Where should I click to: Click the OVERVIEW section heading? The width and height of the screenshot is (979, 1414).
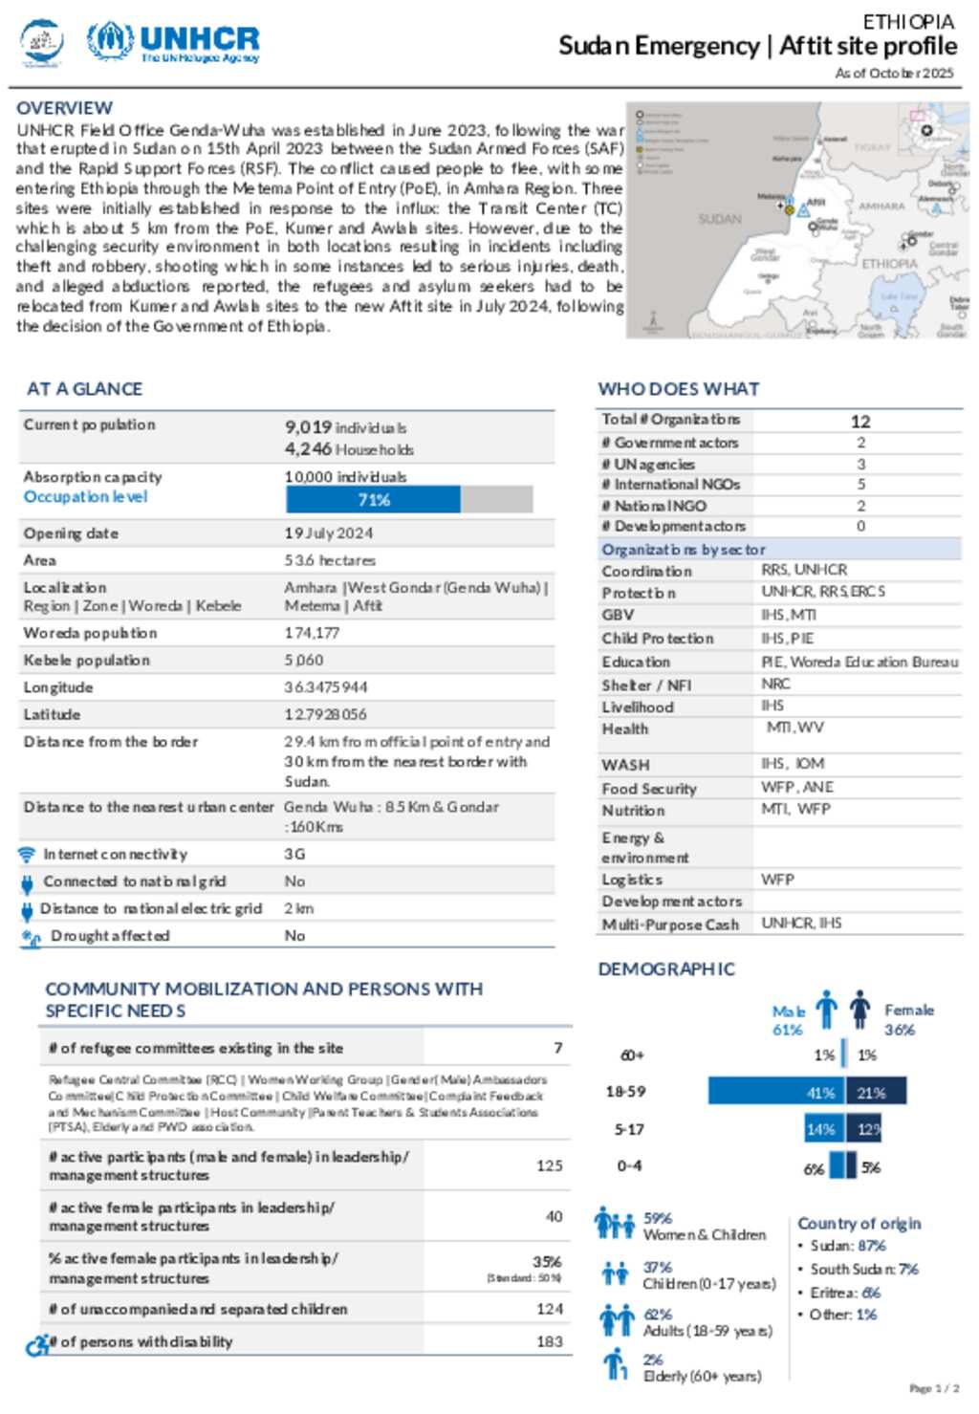pyautogui.click(x=64, y=108)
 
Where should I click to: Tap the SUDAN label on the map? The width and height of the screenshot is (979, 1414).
pyautogui.click(x=719, y=219)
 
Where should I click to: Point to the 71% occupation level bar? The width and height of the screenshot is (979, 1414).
pyautogui.click(x=373, y=500)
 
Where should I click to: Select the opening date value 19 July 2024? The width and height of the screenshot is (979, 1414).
pyautogui.click(x=328, y=533)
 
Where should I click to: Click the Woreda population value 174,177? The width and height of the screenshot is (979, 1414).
pyautogui.click(x=312, y=633)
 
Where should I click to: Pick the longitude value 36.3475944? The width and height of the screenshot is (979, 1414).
pyautogui.click(x=325, y=687)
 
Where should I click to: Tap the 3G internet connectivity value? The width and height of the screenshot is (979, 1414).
pyautogui.click(x=294, y=854)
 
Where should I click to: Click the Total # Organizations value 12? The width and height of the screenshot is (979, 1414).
pyautogui.click(x=860, y=422)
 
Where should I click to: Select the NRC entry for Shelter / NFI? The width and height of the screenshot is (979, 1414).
pyautogui.click(x=775, y=684)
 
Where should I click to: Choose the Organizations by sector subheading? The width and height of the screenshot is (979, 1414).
pyautogui.click(x=683, y=550)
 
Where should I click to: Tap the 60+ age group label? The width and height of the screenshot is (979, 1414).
pyautogui.click(x=632, y=1055)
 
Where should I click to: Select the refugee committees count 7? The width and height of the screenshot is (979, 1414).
pyautogui.click(x=557, y=1048)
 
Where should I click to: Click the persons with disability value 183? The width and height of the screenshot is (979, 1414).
pyautogui.click(x=549, y=1341)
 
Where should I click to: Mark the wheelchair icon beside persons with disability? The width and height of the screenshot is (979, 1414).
pyautogui.click(x=36, y=1344)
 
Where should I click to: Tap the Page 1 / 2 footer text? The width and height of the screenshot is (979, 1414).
pyautogui.click(x=934, y=1388)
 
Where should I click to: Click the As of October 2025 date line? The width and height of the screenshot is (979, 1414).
pyautogui.click(x=894, y=73)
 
